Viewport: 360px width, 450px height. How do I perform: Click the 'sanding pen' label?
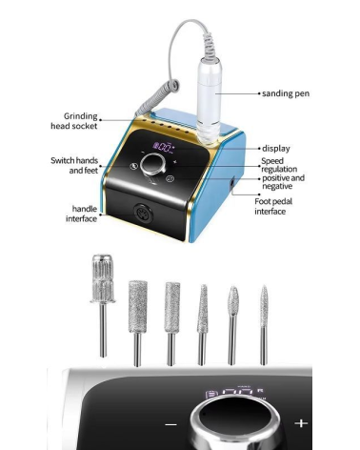click(x=286, y=93)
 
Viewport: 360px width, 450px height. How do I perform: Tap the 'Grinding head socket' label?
click(x=74, y=121)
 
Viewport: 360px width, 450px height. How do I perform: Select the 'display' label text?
click(x=276, y=149)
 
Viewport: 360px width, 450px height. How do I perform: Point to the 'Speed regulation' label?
click(x=279, y=165)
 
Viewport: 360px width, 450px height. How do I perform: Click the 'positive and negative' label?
click(x=283, y=182)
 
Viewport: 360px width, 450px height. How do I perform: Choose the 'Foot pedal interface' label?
click(x=273, y=206)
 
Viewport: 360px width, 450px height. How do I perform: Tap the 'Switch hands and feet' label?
click(x=74, y=165)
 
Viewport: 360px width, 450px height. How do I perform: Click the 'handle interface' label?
click(x=81, y=214)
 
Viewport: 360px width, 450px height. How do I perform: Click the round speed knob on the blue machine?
click(x=153, y=164)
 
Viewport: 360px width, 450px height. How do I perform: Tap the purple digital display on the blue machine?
click(x=164, y=147)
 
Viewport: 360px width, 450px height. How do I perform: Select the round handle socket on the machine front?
click(x=144, y=214)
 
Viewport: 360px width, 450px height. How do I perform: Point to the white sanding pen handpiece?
click(x=209, y=99)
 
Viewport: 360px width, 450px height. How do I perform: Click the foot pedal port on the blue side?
click(x=232, y=183)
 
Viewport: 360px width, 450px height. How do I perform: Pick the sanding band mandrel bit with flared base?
click(x=103, y=305)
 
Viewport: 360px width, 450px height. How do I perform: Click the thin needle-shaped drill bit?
click(x=264, y=325)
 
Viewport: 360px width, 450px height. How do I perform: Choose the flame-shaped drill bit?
click(x=232, y=325)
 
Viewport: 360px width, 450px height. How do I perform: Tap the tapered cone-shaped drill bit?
click(x=202, y=325)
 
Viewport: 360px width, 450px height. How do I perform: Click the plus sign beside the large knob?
click(x=301, y=423)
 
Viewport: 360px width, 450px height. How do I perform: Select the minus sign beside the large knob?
click(x=171, y=424)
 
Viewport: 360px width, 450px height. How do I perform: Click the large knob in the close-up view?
click(x=236, y=422)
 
